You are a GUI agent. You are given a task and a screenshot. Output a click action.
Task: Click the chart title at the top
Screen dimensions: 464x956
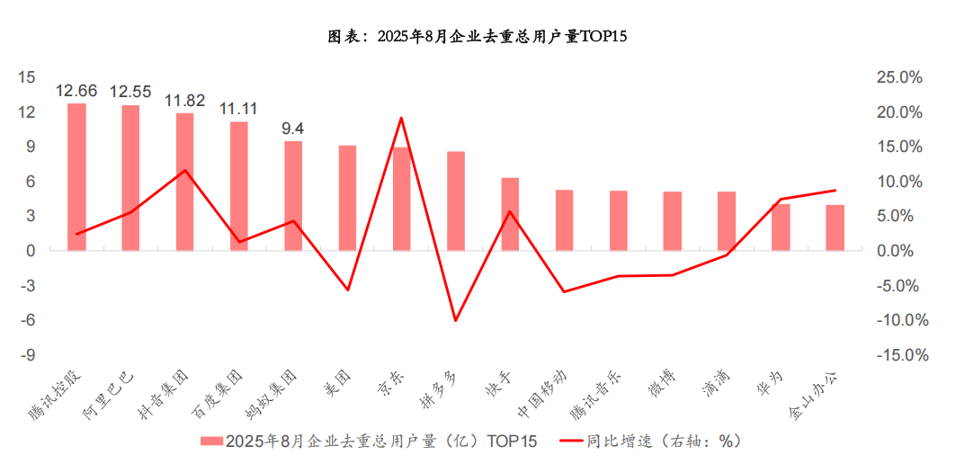pyautogui.click(x=478, y=37)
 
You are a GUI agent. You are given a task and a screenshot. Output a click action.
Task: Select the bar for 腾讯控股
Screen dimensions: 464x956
pyautogui.click(x=76, y=176)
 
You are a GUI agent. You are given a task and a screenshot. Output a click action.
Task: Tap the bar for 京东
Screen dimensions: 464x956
pyautogui.click(x=401, y=198)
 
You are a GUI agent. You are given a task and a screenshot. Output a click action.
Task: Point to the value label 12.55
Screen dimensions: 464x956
pyautogui.click(x=130, y=91)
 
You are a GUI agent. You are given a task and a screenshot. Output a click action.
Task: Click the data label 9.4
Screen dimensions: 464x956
pyautogui.click(x=293, y=129)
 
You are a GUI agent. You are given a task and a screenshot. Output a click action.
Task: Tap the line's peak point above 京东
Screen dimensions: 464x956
pyautogui.click(x=401, y=118)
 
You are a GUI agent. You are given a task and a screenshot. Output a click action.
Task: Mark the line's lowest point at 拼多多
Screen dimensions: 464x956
pyautogui.click(x=456, y=320)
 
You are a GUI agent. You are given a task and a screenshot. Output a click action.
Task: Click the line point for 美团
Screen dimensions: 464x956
pyautogui.click(x=348, y=290)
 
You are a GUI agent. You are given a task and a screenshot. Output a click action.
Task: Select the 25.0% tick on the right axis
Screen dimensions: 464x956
pyautogui.click(x=899, y=77)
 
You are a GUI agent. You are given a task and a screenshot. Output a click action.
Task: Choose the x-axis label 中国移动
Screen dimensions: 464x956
pyautogui.click(x=543, y=394)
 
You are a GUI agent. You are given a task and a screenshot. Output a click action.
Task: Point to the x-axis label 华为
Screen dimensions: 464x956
pyautogui.click(x=773, y=383)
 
